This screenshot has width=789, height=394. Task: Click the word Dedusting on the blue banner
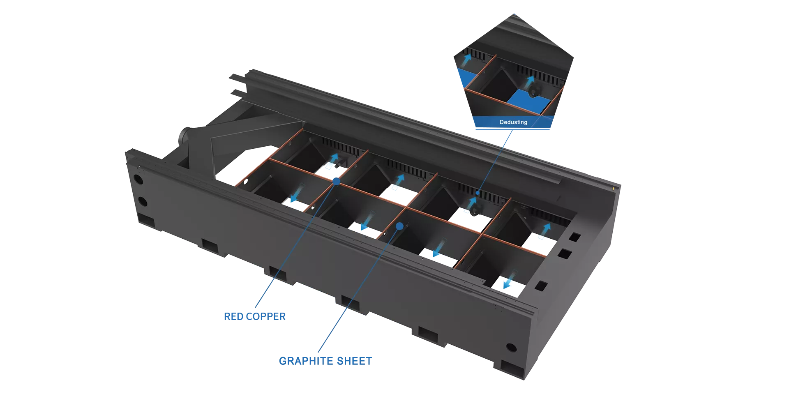click(x=513, y=122)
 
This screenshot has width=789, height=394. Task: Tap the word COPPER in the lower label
click(x=266, y=317)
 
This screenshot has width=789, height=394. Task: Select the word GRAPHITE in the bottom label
click(x=307, y=361)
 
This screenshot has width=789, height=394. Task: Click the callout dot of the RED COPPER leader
click(x=336, y=181)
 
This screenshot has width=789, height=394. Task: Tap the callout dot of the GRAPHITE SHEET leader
click(x=399, y=226)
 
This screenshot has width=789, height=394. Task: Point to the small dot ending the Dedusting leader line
click(x=478, y=192)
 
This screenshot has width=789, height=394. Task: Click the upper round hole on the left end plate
click(x=138, y=180)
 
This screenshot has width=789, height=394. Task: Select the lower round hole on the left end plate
click(x=143, y=201)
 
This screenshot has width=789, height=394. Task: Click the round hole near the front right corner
click(x=511, y=348)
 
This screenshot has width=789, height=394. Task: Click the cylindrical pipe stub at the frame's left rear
click(x=185, y=136)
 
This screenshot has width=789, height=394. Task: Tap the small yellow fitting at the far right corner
click(x=614, y=188)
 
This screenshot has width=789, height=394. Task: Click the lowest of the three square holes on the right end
click(x=541, y=286)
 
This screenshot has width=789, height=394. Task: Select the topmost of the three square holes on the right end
click(x=575, y=237)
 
